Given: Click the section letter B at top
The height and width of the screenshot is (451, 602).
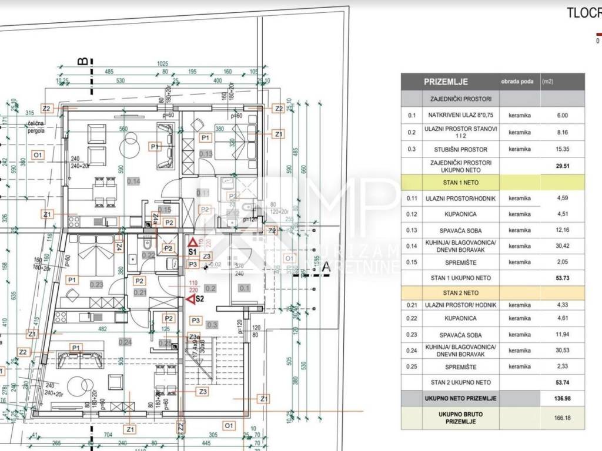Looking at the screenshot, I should (83, 61).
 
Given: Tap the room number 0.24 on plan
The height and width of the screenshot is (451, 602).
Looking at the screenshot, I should (125, 342).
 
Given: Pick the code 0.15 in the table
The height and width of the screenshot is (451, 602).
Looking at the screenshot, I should (412, 262).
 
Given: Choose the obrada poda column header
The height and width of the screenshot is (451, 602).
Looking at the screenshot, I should (517, 82).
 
